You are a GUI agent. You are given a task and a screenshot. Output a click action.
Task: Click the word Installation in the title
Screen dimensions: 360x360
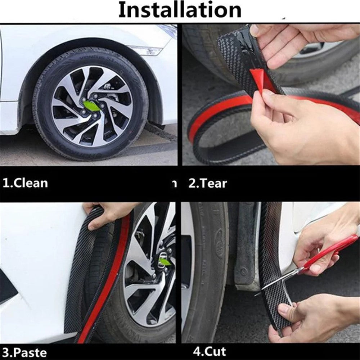pyautogui.click(x=180, y=10)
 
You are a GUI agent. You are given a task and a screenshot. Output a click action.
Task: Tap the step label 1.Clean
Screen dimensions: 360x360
pyautogui.click(x=25, y=183)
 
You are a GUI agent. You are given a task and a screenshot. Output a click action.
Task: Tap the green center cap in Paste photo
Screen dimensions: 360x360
pyautogui.click(x=165, y=262)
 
